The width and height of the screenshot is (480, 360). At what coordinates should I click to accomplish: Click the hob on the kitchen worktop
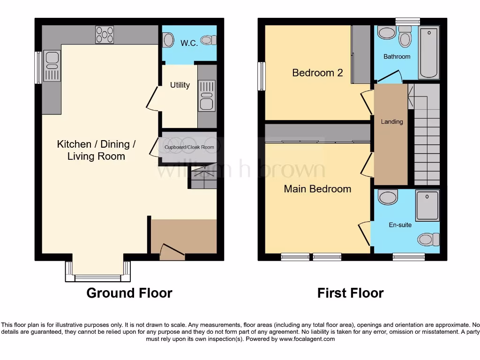[x=105, y=35]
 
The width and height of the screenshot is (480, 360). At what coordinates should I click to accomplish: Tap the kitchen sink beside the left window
[x=52, y=66]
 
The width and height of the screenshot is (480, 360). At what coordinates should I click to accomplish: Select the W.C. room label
[x=189, y=43]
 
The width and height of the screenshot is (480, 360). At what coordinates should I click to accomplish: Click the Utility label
[x=180, y=85]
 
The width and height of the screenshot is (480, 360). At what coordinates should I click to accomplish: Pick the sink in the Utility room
[x=206, y=96]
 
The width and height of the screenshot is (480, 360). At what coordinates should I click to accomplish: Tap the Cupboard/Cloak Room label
[x=189, y=147]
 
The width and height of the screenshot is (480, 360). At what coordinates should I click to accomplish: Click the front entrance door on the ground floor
[x=172, y=252]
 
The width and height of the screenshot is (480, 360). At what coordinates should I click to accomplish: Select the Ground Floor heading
[x=129, y=293]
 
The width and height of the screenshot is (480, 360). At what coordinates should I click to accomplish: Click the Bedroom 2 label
[x=317, y=73]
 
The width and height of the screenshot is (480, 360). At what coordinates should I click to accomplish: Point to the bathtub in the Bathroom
[x=429, y=52]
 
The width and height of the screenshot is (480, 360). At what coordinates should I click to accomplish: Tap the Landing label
[x=391, y=121]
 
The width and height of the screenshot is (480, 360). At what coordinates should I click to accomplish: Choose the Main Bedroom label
[x=317, y=189]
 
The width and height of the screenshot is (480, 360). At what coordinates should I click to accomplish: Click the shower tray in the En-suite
[x=427, y=205]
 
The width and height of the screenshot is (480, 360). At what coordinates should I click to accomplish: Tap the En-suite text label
[x=400, y=225]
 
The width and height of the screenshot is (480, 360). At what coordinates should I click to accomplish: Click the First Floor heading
[x=350, y=293]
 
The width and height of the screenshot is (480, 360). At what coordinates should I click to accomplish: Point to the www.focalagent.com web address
[x=307, y=339]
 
